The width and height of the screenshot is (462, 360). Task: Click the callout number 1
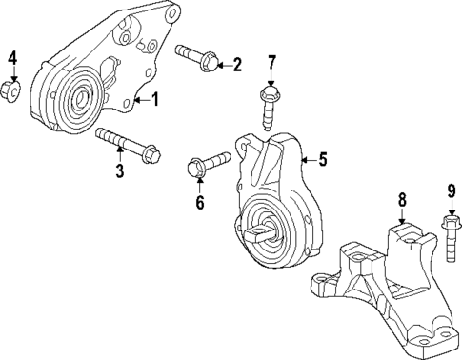point(155,98)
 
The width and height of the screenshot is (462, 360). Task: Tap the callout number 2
point(237,65)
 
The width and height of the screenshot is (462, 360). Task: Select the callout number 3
point(119,171)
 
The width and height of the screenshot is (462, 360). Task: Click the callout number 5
point(322,160)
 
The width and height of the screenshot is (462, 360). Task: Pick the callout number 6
point(200,202)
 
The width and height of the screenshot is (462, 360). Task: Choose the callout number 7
point(271,64)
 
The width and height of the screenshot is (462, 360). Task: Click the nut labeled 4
point(12,91)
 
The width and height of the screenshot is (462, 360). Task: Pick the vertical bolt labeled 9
point(449,241)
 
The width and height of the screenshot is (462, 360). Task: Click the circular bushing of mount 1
point(75,96)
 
